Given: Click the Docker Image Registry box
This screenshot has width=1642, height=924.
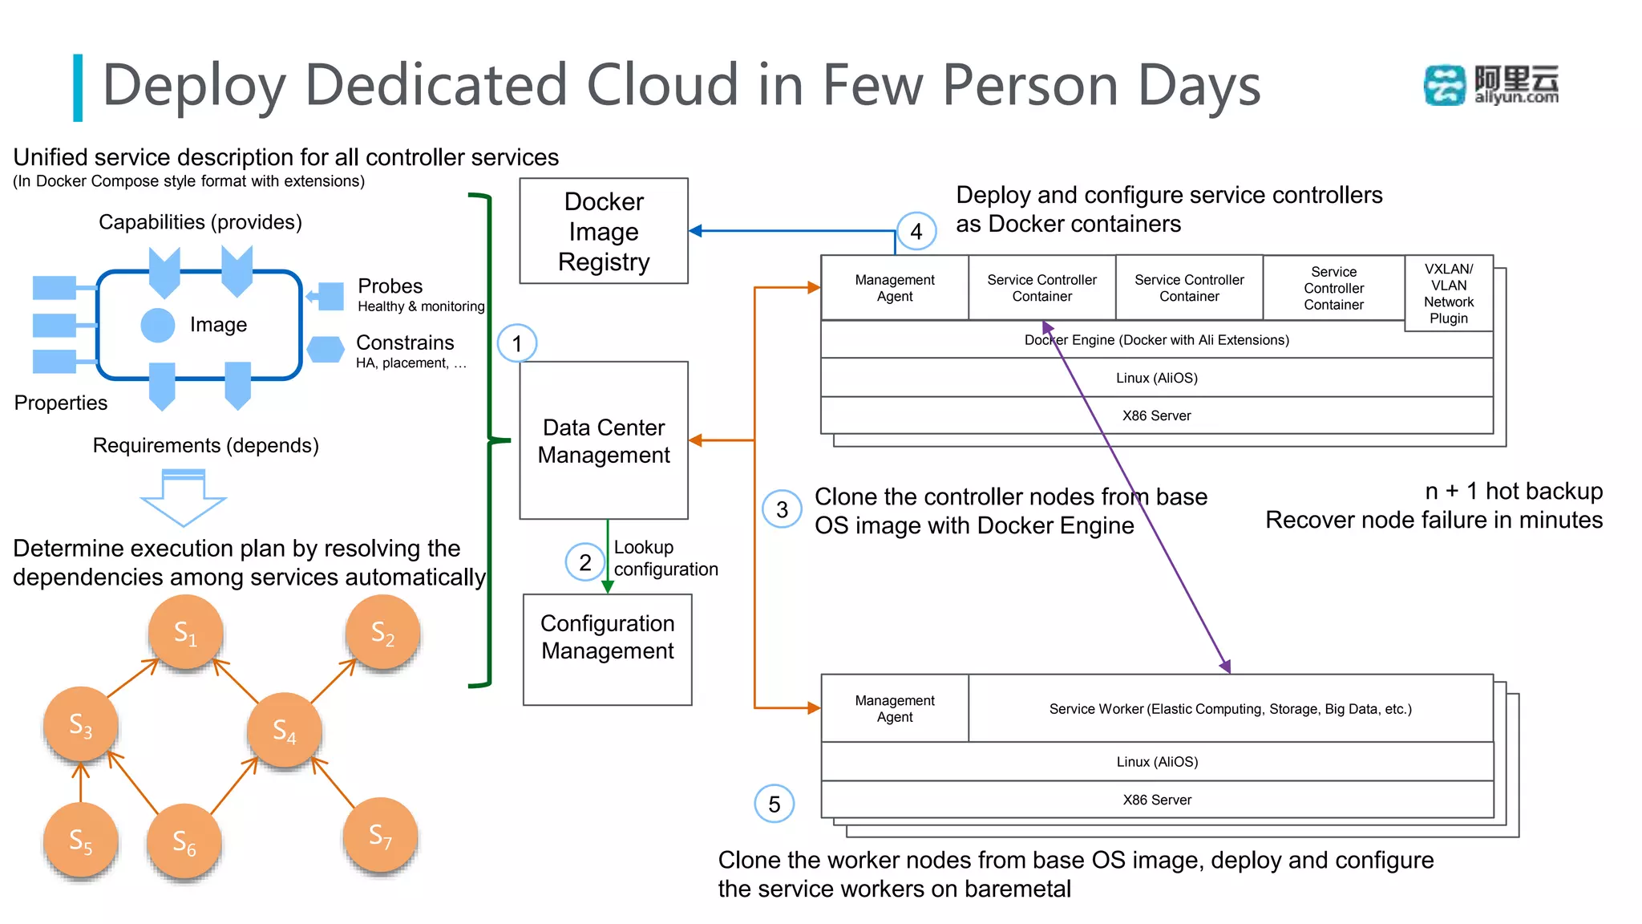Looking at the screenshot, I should coord(603,231).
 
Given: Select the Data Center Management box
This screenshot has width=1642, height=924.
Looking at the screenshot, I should coord(603,440).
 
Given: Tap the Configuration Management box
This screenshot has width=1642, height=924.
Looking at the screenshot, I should coord(607,649).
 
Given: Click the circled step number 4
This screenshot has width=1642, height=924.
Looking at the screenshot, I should coord(916,232).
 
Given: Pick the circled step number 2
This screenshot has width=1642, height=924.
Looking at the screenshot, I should coord(585,562).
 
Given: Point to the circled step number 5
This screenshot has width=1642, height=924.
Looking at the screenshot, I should coord(774,804).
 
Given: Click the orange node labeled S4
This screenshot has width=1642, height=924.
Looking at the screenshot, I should coord(285,731).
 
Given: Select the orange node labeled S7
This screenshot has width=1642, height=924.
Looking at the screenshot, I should coord(380,835).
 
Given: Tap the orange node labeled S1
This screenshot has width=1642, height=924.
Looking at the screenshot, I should coord(185,633).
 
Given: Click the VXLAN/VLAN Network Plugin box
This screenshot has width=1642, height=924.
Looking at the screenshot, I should coord(1448,294).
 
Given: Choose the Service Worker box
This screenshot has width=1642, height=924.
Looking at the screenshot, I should coord(1230,708).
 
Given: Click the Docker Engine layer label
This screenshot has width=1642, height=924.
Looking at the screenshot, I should coord(1156,340).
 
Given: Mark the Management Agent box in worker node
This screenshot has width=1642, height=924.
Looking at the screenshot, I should coord(895,708).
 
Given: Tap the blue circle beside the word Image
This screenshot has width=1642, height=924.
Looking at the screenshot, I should coord(158,325).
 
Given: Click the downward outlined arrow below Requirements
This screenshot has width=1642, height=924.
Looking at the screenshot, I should coord(184,498).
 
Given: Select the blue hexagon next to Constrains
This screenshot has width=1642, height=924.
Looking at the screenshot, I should coord(326,350).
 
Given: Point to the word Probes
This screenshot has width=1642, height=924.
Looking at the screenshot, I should coord(390,286).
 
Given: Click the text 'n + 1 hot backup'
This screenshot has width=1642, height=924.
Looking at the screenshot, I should coord(1513,491).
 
